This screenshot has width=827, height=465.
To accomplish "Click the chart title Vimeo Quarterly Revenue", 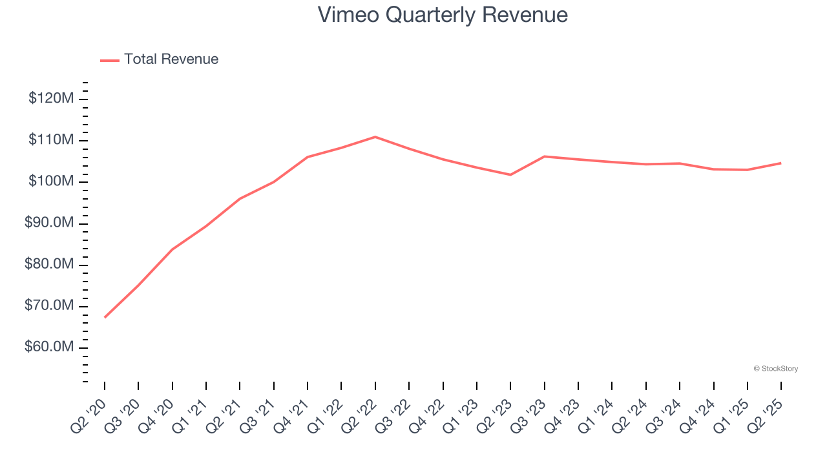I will point(443,15).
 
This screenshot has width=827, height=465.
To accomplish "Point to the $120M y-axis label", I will point(51,99).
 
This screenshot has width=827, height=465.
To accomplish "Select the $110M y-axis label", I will point(51,140).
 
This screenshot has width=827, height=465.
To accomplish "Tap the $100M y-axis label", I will point(51,181).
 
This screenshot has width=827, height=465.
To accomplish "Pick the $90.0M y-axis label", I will point(50,223).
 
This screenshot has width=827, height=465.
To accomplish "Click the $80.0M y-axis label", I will point(50,265).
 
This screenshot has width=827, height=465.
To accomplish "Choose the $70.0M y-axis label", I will point(50,306).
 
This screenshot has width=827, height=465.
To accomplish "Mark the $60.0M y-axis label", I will point(50,347).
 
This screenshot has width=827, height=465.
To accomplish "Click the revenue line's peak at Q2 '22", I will point(375,137).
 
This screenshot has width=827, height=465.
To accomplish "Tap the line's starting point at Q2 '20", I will point(105,317).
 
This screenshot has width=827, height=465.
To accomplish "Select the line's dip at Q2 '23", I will point(510,174).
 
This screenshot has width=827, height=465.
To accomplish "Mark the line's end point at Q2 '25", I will point(781,163).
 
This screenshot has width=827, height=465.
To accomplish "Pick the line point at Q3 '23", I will point(545,156).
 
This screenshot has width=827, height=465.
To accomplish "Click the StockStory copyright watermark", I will point(775,369).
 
